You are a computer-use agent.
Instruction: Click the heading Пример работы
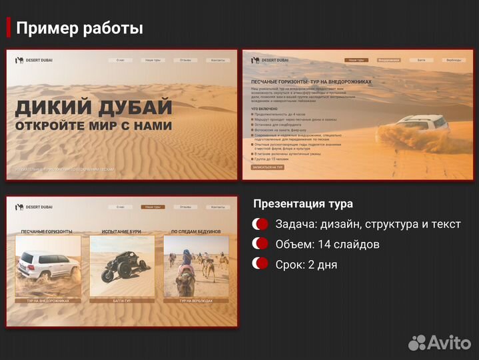pos(79,29)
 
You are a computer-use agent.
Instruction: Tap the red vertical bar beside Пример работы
pos(9,28)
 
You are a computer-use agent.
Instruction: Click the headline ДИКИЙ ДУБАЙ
pos(94,107)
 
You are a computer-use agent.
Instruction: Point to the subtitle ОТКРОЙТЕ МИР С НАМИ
pos(94,125)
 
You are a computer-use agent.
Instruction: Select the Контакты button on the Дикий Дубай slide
pos(218,60)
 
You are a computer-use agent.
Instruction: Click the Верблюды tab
pos(453,60)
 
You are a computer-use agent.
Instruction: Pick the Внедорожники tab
pos(388,60)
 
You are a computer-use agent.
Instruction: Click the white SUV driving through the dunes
pos(420,125)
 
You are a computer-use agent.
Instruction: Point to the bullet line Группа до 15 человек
pos(272,160)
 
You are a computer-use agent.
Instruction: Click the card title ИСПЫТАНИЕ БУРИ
pos(122,232)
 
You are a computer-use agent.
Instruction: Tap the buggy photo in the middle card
pos(122,267)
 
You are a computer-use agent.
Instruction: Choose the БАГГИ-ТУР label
pos(122,301)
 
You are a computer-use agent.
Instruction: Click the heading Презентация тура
pos(303,204)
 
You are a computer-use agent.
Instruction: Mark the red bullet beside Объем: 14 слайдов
pos(260,244)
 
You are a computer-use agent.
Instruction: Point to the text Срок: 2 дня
pos(306,265)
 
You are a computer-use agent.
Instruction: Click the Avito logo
pos(439,342)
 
